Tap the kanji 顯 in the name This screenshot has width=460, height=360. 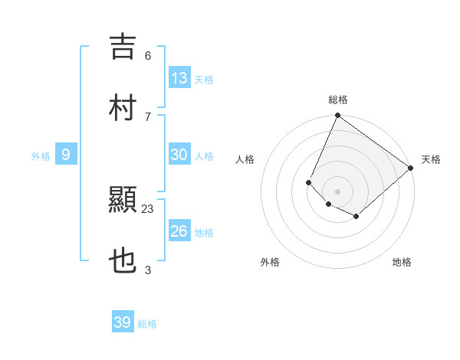(x=123, y=201)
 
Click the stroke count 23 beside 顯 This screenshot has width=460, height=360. (x=148, y=208)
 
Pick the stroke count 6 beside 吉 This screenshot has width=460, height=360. (x=148, y=55)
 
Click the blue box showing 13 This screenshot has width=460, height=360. (x=179, y=77)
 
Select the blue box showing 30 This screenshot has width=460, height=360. (x=179, y=155)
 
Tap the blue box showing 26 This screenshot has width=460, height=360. (x=179, y=231)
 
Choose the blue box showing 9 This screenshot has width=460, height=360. (x=66, y=155)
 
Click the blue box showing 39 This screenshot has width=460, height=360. (x=123, y=322)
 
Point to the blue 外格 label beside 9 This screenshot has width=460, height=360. (x=41, y=156)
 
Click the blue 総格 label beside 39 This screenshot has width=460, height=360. (x=147, y=324)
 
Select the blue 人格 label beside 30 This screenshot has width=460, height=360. (x=204, y=156)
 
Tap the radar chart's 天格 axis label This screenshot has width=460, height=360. (x=431, y=160)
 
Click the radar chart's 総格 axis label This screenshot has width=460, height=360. (x=337, y=100)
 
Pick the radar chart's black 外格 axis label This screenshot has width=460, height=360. (x=270, y=262)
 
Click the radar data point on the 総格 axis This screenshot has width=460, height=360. (x=337, y=116)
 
